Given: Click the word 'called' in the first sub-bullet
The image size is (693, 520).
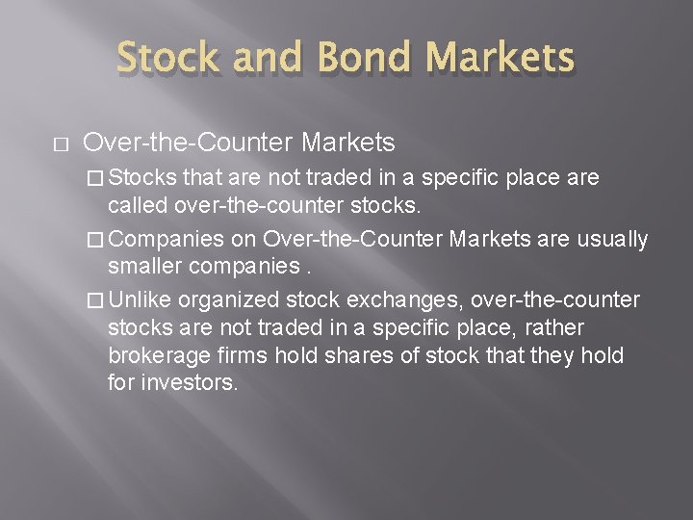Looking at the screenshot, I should (139, 205).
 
